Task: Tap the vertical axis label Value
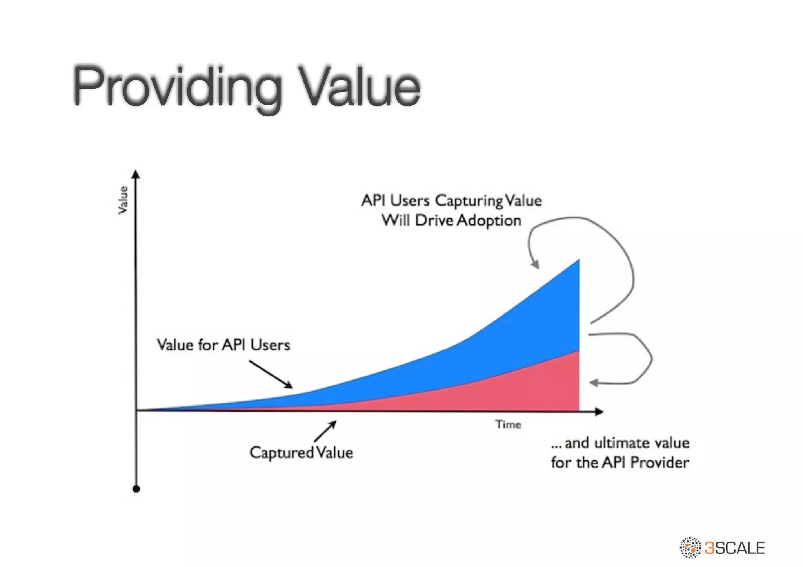point(123,200)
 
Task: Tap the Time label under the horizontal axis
point(508,424)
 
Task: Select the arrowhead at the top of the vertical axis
point(136,174)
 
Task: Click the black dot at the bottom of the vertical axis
point(136,489)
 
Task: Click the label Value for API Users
point(223,345)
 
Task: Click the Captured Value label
point(301,453)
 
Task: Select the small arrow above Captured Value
point(325,431)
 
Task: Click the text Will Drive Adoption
point(451,220)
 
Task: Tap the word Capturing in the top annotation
point(469,201)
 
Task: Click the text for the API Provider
point(620,463)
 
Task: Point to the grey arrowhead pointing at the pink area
point(594,383)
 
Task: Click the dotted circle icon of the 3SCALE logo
point(690,547)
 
